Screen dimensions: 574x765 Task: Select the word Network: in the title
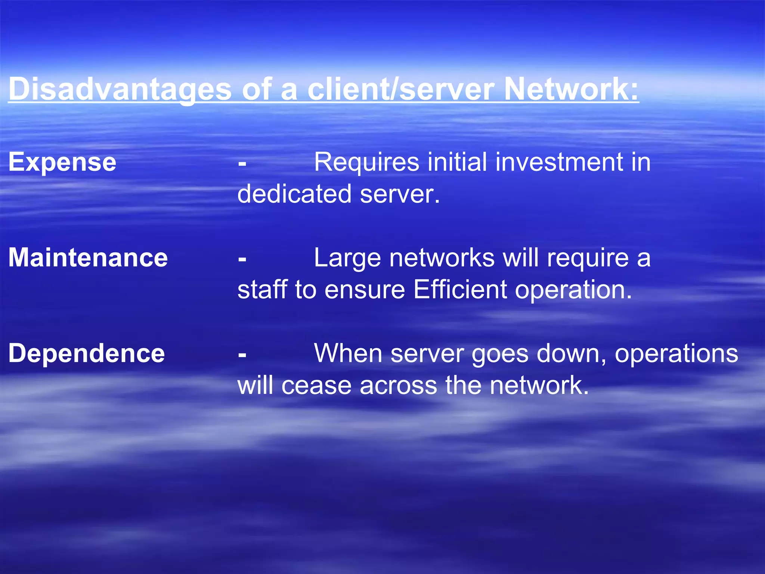coord(571,89)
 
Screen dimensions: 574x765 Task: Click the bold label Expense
coord(62,163)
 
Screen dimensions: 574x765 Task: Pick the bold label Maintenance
coord(88,258)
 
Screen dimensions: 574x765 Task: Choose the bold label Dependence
coord(87,354)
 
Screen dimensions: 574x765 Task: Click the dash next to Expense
coord(242,163)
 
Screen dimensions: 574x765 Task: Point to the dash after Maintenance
coord(242,259)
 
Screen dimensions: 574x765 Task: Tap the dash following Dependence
coord(242,354)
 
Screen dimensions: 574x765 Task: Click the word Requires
coord(366,163)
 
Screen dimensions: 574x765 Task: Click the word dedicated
coord(294,194)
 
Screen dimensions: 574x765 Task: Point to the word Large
coord(347,258)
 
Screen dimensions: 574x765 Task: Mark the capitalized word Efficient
coord(460,290)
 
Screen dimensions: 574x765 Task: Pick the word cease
coord(316,385)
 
